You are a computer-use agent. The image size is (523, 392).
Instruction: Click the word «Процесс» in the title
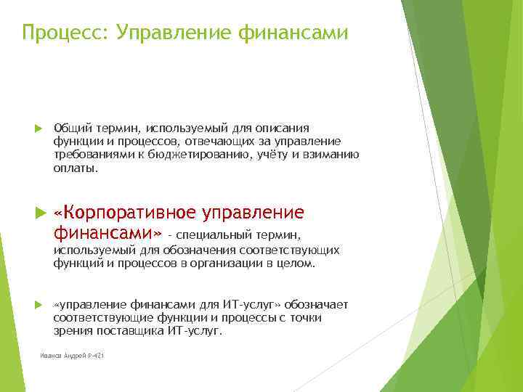point(63,33)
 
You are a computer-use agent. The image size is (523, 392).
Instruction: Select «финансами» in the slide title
point(299,33)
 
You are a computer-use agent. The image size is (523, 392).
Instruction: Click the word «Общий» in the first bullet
point(69,128)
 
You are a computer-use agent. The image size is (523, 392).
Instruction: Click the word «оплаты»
point(74,167)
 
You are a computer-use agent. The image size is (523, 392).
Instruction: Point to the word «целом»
point(299,264)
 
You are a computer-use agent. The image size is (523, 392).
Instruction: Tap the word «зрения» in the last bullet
point(70,330)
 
